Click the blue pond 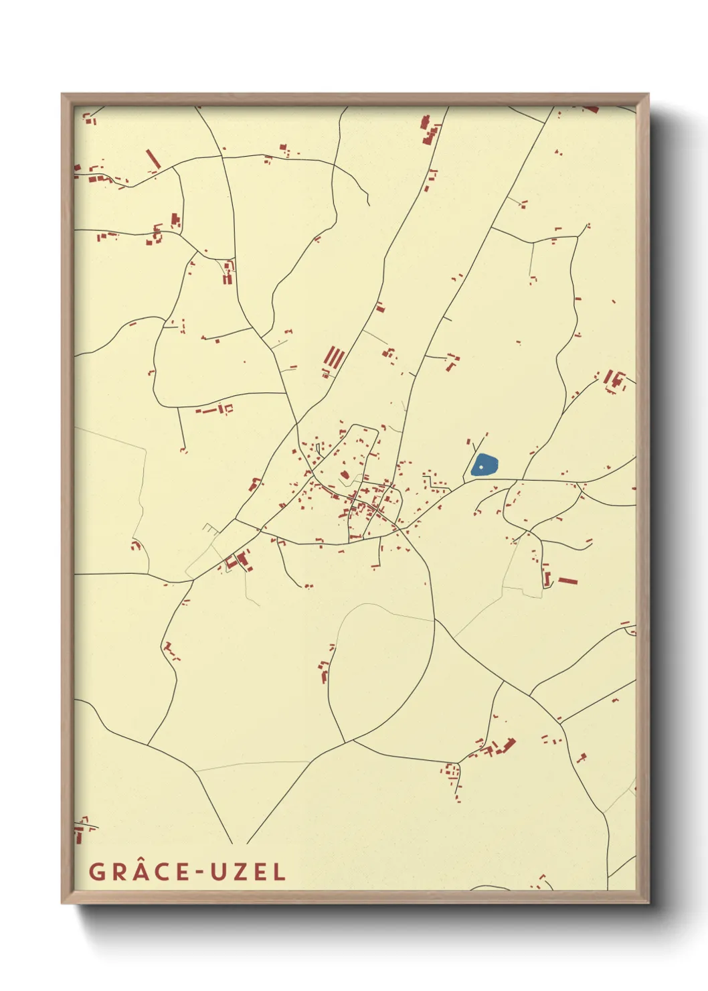(484, 465)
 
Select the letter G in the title (97, 872)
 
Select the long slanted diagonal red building (153, 159)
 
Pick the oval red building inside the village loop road (345, 475)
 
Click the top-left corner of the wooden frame (62, 94)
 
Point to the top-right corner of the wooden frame (648, 94)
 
